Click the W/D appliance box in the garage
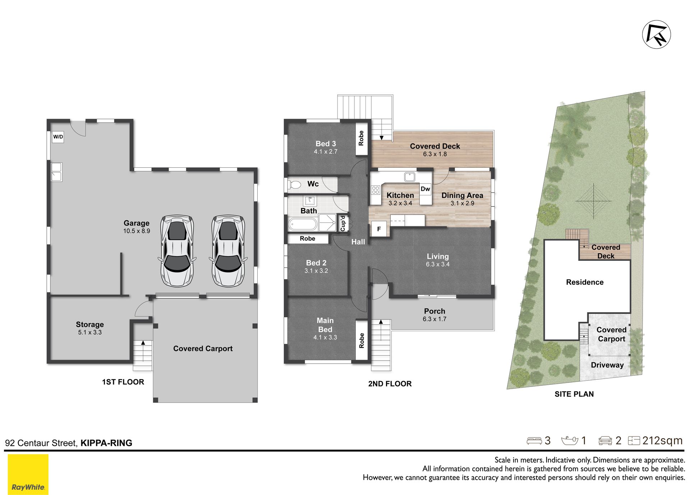click(x=58, y=137)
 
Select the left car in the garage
click(x=177, y=251)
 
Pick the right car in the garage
click(x=228, y=251)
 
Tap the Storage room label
click(x=90, y=324)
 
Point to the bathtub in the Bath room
click(x=303, y=225)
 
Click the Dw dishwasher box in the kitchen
click(x=425, y=189)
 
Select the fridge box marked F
click(x=379, y=229)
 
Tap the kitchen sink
click(x=410, y=177)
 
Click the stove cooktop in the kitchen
click(x=376, y=190)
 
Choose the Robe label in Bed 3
click(x=361, y=138)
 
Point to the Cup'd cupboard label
click(x=343, y=223)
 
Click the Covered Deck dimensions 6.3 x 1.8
click(x=435, y=154)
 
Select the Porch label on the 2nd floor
click(x=434, y=311)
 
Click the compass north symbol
click(x=657, y=34)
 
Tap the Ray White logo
click(x=28, y=474)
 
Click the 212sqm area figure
click(x=662, y=440)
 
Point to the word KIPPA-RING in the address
click(x=106, y=443)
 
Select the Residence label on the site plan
click(x=585, y=282)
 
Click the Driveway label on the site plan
click(x=607, y=365)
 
